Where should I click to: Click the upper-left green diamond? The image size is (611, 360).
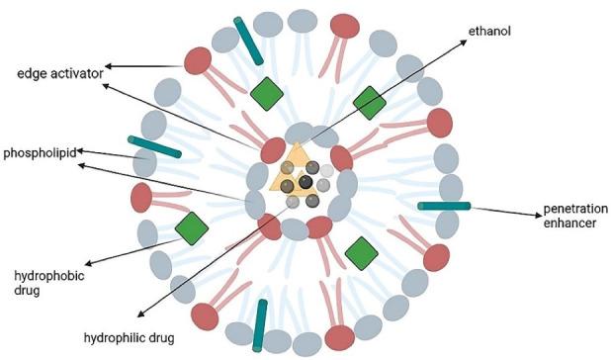tap(266, 95)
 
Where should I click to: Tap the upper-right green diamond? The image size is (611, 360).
tap(370, 103)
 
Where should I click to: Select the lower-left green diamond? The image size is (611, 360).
tap(192, 227)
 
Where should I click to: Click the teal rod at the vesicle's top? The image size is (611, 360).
tap(246, 37)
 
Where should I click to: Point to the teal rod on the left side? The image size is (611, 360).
tap(154, 146)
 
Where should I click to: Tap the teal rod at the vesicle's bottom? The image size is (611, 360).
tap(260, 323)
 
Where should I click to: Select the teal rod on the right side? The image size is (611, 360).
tap(444, 206)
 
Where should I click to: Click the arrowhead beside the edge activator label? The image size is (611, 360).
tap(108, 67)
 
